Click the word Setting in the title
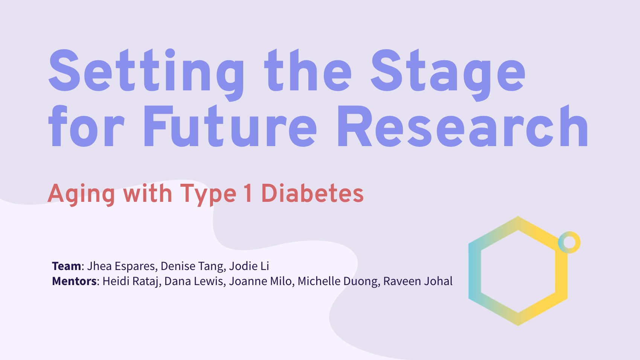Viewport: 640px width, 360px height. [x=146, y=75]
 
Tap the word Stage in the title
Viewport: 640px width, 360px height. [x=448, y=75]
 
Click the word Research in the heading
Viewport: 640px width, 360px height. [x=463, y=126]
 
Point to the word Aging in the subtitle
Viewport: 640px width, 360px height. [x=81, y=194]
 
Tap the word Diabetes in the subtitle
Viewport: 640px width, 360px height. [x=312, y=193]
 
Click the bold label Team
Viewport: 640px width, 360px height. [x=67, y=266]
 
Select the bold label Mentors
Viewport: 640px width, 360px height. [x=74, y=281]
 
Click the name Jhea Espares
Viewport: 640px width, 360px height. [x=121, y=266]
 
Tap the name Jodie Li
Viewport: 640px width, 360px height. [x=249, y=266]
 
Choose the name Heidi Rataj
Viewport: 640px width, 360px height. [x=130, y=281]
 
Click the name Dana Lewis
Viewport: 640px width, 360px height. [x=194, y=281]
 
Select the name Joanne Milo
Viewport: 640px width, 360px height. [x=260, y=281]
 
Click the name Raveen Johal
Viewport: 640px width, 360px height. [x=418, y=281]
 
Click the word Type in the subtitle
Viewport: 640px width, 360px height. [x=208, y=195]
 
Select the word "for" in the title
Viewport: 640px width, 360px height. [x=87, y=126]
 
